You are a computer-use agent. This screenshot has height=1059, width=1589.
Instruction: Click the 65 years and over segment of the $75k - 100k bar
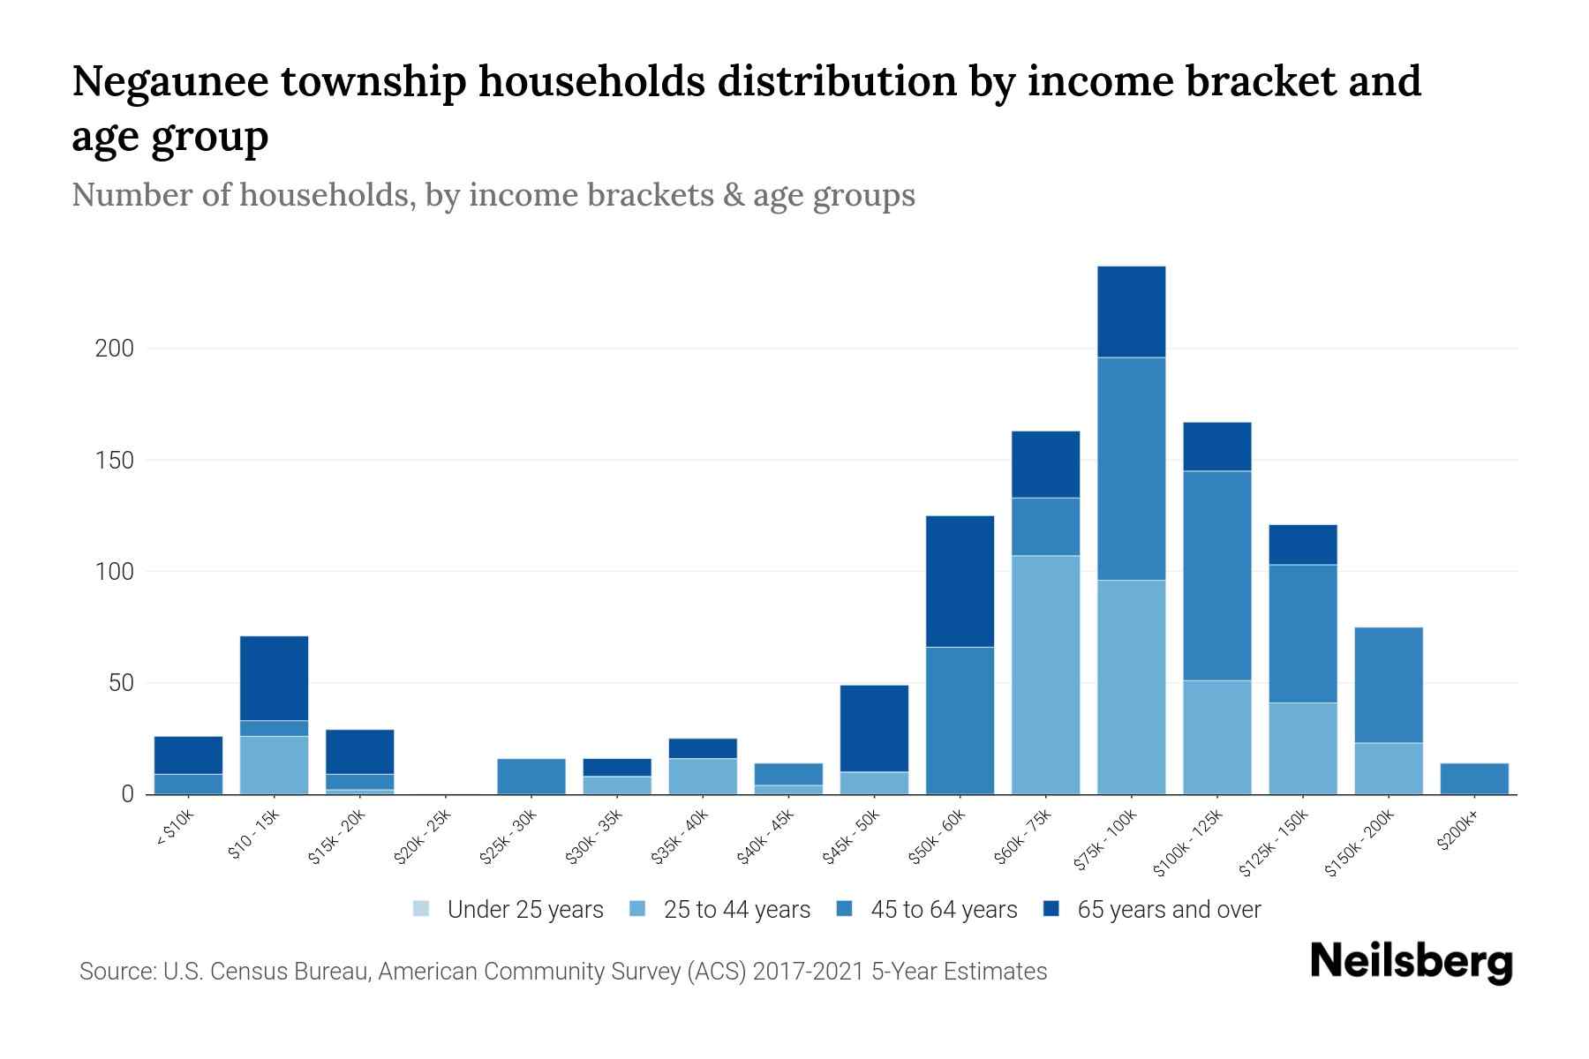1131,312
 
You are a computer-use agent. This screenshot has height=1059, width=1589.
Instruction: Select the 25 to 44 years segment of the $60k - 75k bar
1045,674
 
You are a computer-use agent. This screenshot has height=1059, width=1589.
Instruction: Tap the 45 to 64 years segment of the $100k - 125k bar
1216,575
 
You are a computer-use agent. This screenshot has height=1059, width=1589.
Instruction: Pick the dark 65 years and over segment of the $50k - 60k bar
960,581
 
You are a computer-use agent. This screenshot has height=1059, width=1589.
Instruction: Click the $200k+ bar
1474,778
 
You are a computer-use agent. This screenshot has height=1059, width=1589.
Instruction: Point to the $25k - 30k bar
531,777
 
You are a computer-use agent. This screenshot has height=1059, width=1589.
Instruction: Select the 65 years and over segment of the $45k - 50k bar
874,728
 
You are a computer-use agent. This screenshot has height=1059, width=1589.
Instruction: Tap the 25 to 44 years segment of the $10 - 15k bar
274,764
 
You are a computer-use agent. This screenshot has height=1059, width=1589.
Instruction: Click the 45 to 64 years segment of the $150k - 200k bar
1389,685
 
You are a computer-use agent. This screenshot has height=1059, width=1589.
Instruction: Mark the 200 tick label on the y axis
115,349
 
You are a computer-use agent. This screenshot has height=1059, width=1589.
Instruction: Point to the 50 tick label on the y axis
120,683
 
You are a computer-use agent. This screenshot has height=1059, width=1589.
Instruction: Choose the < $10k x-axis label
175,827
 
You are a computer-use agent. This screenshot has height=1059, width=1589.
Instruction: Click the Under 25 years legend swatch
421,909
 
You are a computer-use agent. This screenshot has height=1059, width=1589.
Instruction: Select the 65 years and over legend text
1169,909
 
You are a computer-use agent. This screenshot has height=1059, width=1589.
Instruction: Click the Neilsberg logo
1411,962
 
